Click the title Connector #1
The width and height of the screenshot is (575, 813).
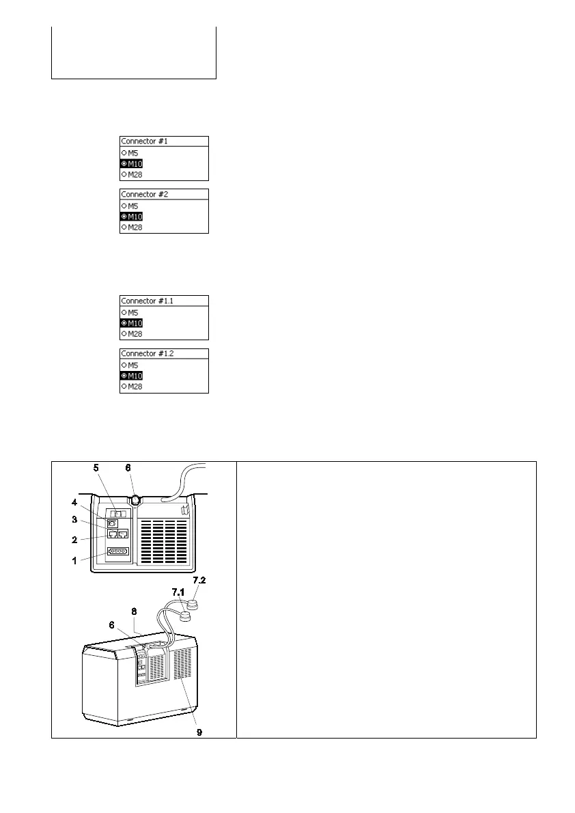[144, 141]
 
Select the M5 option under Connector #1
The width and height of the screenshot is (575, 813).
[130, 152]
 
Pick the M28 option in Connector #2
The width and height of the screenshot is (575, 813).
[130, 227]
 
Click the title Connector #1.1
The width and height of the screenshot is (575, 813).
[147, 301]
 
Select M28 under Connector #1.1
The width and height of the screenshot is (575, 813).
[130, 334]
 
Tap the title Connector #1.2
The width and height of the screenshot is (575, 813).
[147, 354]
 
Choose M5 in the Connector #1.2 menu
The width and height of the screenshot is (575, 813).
[130, 365]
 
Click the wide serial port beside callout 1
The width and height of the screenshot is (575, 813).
[117, 551]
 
